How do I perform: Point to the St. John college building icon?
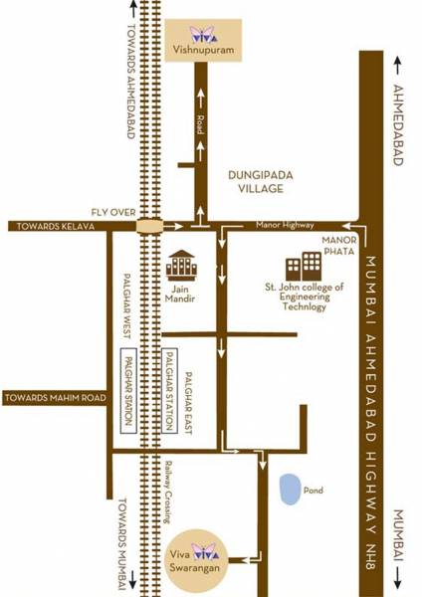click(x=304, y=266)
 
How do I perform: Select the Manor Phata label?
click(x=338, y=247)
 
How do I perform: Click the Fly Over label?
click(x=112, y=212)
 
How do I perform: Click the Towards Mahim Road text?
click(x=53, y=398)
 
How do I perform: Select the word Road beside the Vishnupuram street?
click(x=200, y=124)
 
